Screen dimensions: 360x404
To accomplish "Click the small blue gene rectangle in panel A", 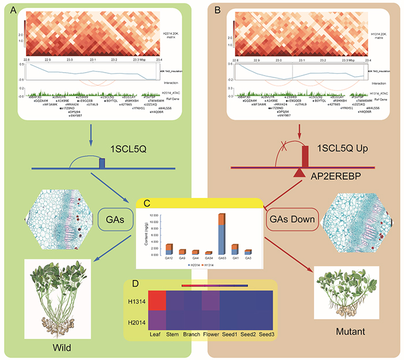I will click(x=102, y=164).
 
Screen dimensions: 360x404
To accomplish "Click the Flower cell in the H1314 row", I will click(x=210, y=301).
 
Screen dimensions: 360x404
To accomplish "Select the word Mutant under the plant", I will click(x=350, y=333).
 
